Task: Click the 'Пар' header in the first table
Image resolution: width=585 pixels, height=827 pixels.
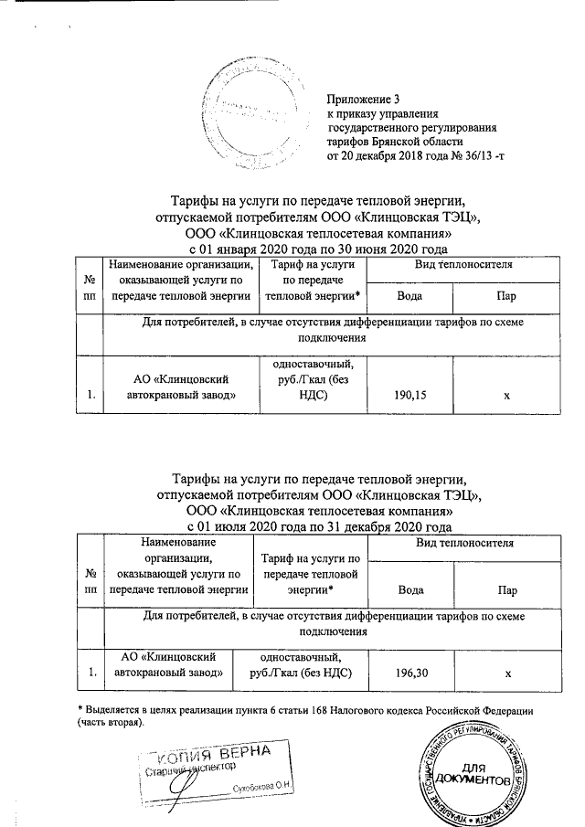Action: coord(503,296)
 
